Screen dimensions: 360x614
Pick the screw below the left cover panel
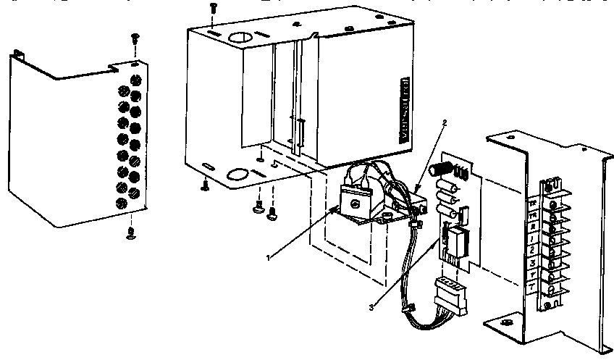point(131,232)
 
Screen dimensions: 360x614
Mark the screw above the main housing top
point(212,7)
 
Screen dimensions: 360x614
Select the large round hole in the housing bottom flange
point(235,175)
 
